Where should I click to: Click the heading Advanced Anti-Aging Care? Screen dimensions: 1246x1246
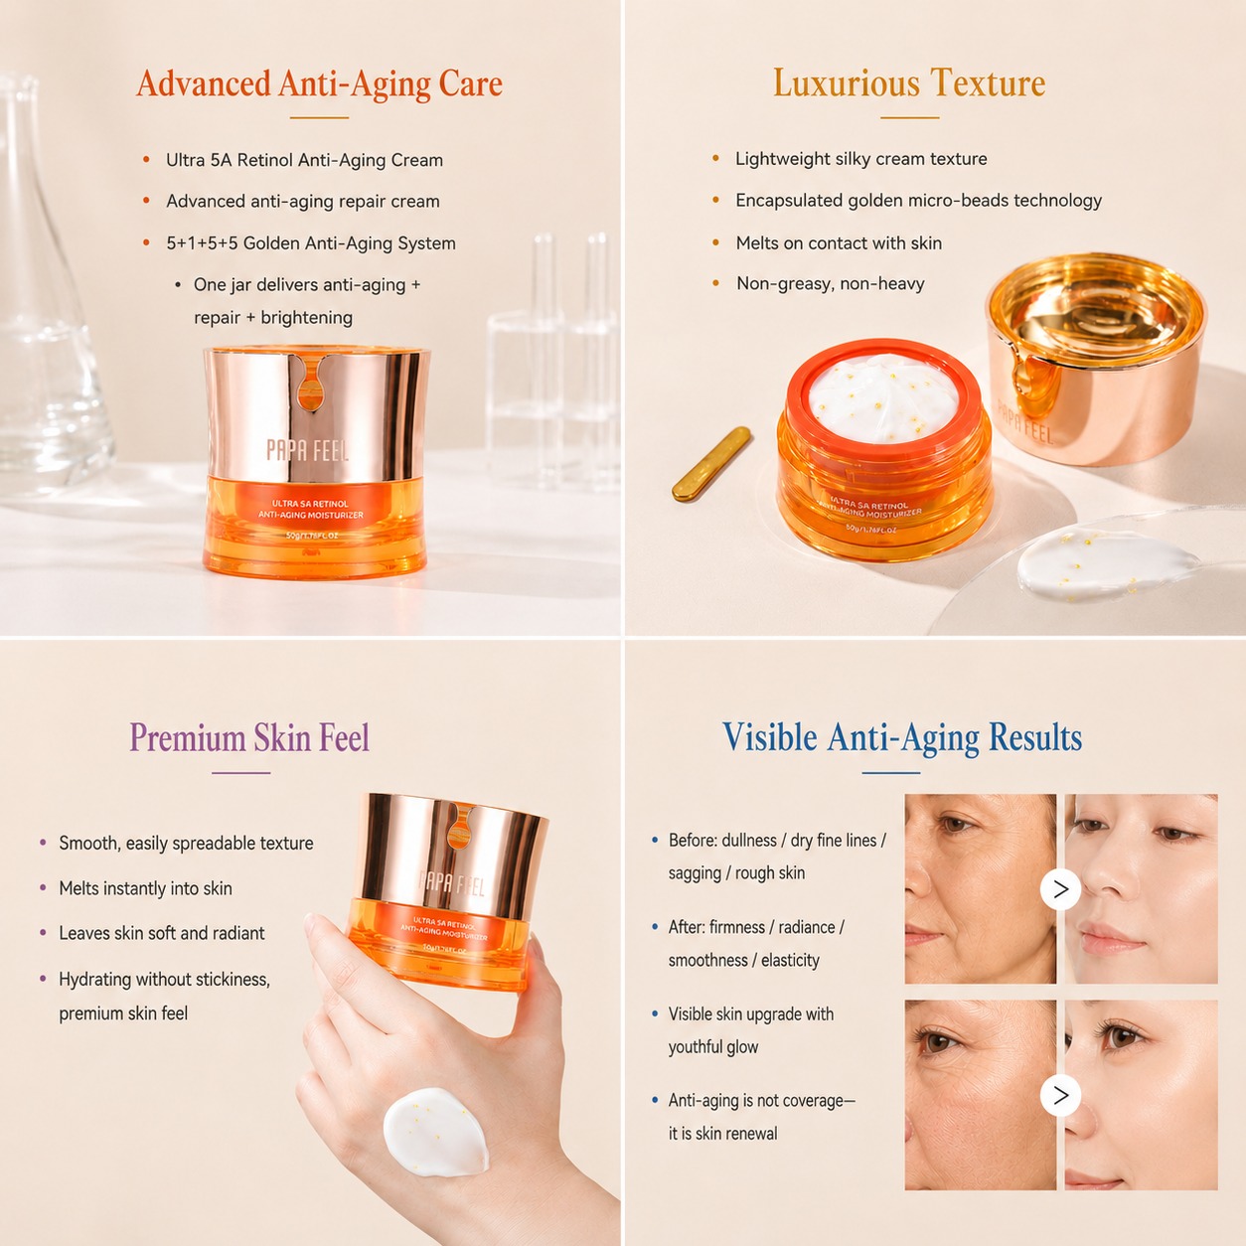pyautogui.click(x=319, y=84)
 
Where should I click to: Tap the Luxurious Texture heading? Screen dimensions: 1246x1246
pyautogui.click(x=909, y=82)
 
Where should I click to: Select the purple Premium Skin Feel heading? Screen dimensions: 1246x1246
pyautogui.click(x=249, y=738)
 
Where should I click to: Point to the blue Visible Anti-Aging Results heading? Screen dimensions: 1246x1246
pyautogui.click(x=902, y=738)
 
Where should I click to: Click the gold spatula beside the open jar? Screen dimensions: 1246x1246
pyautogui.click(x=711, y=463)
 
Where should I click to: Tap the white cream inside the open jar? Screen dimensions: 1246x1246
pyautogui.click(x=883, y=397)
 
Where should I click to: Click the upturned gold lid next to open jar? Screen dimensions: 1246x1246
pyautogui.click(x=1096, y=358)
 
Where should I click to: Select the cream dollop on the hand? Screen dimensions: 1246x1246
pyautogui.click(x=435, y=1131)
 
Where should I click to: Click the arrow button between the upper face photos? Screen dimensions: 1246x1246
pyautogui.click(x=1060, y=889)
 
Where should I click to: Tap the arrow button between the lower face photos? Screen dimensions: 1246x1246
pyautogui.click(x=1060, y=1095)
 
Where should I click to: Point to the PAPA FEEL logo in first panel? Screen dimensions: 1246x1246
pyautogui.click(x=308, y=450)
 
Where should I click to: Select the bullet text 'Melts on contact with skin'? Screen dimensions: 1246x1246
pyautogui.click(x=839, y=243)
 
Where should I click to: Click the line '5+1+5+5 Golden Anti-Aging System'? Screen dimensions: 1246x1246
pyautogui.click(x=311, y=243)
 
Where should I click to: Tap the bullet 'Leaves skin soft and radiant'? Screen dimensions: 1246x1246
pyautogui.click(x=162, y=933)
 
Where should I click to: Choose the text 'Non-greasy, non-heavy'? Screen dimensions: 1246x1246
pyautogui.click(x=831, y=284)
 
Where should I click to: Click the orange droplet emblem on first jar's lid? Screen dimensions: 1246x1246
pyautogui.click(x=311, y=385)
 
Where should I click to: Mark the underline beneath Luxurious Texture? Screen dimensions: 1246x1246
pyautogui.click(x=909, y=117)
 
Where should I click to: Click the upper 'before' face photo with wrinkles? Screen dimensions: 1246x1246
pyautogui.click(x=981, y=889)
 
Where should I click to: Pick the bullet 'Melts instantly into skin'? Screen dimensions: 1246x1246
pyautogui.click(x=145, y=888)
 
